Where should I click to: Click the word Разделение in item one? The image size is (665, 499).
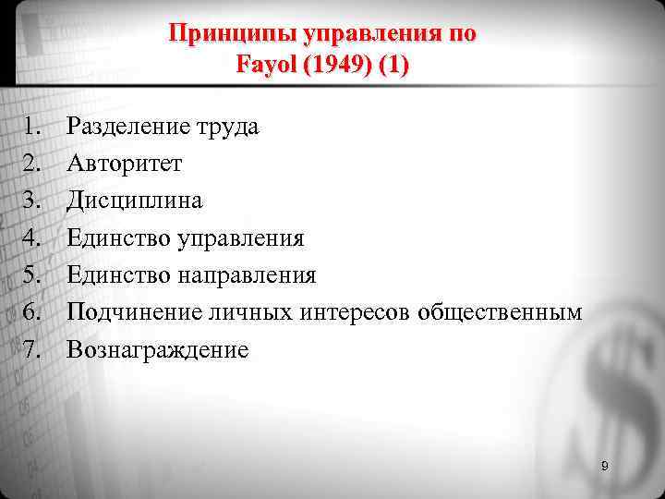pos(128,127)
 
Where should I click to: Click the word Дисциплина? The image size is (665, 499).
pos(135,201)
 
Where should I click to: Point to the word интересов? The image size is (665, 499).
pos(356,312)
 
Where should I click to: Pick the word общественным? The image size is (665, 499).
pos(500,313)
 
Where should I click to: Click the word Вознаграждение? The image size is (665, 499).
pos(158,350)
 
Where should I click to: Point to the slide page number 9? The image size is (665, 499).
pos(604,467)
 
